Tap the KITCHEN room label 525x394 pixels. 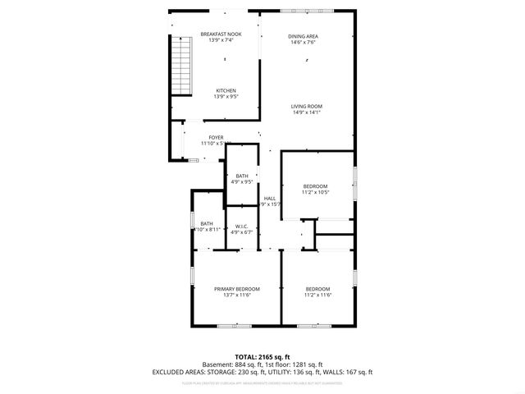[226, 90]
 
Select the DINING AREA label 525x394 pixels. [303, 36]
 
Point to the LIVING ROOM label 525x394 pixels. [307, 106]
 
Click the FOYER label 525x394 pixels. [216, 137]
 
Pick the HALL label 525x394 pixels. [269, 198]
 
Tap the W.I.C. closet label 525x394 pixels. [242, 226]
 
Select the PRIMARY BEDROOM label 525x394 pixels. [237, 289]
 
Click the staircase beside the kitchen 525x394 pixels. [180, 68]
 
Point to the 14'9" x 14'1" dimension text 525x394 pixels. [307, 112]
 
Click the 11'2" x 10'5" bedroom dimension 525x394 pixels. [316, 192]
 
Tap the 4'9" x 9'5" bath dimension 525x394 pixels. [242, 181]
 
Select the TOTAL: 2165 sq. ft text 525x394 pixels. [262, 357]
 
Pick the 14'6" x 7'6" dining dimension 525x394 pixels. [303, 42]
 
